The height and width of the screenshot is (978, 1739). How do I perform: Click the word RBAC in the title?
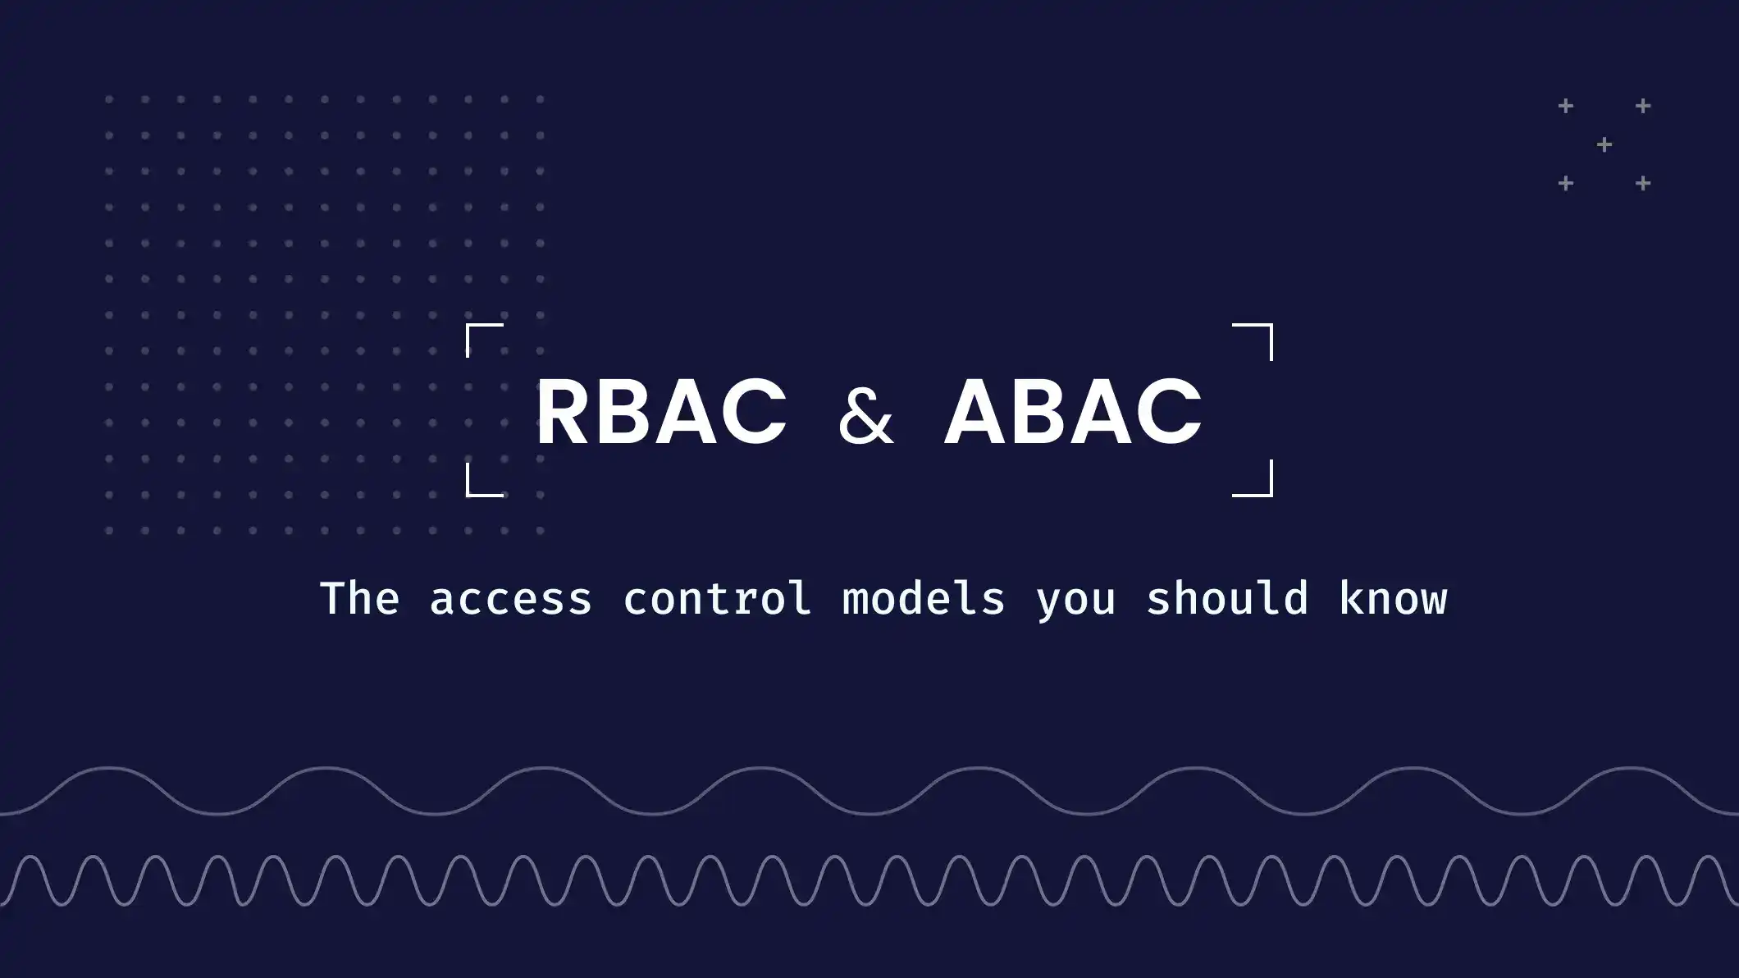pyautogui.click(x=660, y=412)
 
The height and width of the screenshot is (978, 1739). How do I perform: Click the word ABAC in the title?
pyautogui.click(x=1073, y=412)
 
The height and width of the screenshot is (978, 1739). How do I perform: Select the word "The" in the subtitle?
pyautogui.click(x=359, y=598)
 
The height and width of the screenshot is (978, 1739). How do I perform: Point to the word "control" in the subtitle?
pyautogui.click(x=717, y=598)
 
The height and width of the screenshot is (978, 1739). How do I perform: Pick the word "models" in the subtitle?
pyautogui.click(x=924, y=598)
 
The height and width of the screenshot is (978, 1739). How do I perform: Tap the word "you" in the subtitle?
pyautogui.click(x=1075, y=601)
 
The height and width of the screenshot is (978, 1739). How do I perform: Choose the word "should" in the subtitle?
pyautogui.click(x=1226, y=598)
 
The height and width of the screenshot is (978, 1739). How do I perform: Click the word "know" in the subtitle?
pyautogui.click(x=1393, y=598)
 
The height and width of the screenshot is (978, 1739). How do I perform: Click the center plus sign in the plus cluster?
pyautogui.click(x=1604, y=145)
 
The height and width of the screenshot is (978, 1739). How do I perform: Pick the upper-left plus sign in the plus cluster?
pyautogui.click(x=1566, y=107)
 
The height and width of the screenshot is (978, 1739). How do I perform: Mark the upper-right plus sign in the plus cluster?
pyautogui.click(x=1643, y=107)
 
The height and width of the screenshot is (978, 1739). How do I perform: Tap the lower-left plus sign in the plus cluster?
pyautogui.click(x=1566, y=184)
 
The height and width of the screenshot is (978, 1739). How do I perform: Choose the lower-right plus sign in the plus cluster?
pyautogui.click(x=1643, y=184)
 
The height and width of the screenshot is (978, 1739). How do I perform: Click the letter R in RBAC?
pyautogui.click(x=564, y=412)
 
